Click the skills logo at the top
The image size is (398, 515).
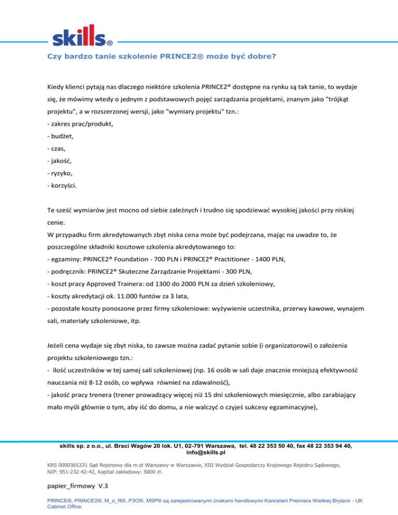(83, 35)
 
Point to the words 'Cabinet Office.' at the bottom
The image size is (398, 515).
(65, 507)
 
